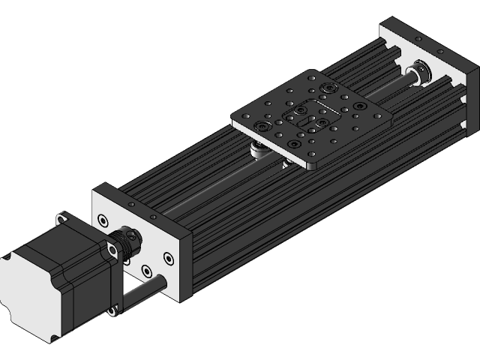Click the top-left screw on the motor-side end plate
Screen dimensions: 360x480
tap(103, 220)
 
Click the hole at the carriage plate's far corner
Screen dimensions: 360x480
tap(309, 76)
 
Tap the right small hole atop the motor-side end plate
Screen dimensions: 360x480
tap(154, 216)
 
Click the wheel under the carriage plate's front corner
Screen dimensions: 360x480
tap(288, 163)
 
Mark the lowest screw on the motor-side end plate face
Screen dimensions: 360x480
tap(146, 269)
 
